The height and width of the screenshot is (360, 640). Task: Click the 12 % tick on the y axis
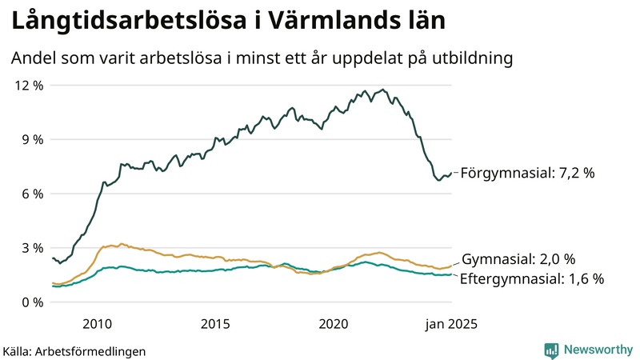[x=28, y=85]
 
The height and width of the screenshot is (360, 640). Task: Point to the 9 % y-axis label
[x=31, y=139]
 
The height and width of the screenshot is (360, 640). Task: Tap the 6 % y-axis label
[x=31, y=194]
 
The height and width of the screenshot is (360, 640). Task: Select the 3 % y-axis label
[x=31, y=248]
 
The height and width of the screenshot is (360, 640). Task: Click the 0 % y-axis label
[x=31, y=302]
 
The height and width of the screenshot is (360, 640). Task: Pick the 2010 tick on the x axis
[x=97, y=324]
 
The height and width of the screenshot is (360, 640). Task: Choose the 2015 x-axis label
[x=215, y=324]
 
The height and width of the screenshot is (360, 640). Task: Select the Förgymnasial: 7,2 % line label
[x=528, y=172]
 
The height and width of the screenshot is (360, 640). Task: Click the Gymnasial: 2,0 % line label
[x=518, y=259]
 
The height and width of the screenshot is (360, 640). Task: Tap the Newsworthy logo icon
[x=551, y=350]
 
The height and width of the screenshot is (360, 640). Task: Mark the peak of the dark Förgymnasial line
[x=383, y=90]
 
